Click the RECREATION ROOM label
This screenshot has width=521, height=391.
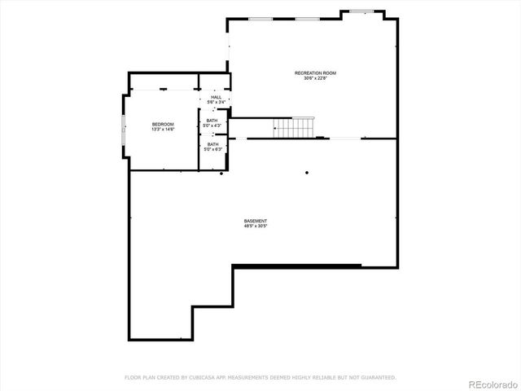[315, 73]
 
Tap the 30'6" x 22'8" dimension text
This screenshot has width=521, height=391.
[315, 78]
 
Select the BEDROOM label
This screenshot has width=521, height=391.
[163, 124]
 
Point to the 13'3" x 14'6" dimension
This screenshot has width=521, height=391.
[163, 130]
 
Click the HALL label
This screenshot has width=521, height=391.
[216, 98]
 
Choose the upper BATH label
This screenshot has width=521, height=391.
[212, 121]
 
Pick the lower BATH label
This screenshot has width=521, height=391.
[212, 144]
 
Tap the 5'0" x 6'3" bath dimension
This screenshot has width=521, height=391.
[212, 149]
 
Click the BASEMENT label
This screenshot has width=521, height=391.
[256, 221]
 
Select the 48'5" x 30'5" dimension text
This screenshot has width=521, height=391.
[256, 226]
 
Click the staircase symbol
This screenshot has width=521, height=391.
[293, 128]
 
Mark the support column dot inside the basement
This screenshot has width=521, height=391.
[307, 172]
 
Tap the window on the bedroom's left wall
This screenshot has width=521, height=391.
[123, 134]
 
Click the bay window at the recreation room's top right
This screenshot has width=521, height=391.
[362, 11]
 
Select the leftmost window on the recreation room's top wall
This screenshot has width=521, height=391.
[260, 19]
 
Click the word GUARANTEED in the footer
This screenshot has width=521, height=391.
[376, 377]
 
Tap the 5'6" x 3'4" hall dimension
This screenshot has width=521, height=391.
[216, 103]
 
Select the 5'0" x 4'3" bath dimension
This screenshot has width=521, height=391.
[212, 125]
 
